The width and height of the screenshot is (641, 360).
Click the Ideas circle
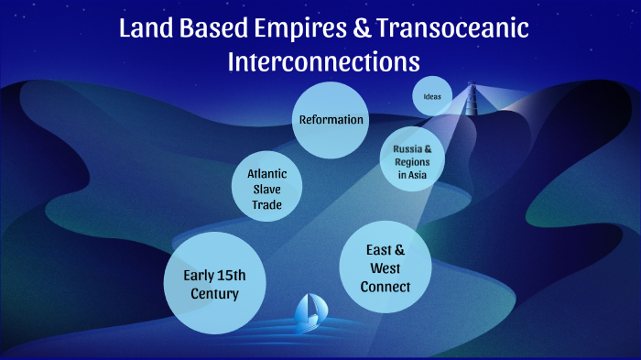[432, 96]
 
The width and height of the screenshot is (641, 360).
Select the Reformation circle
[331, 119]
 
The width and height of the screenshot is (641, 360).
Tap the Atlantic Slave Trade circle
[267, 188]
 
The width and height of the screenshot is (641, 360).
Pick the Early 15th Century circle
[215, 285]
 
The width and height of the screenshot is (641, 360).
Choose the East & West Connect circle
[385, 267]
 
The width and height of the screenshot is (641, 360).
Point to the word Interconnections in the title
[323, 61]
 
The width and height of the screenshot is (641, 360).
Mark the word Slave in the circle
[267, 188]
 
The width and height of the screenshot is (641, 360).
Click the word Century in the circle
[215, 294]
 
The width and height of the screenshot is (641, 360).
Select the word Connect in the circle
[385, 287]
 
